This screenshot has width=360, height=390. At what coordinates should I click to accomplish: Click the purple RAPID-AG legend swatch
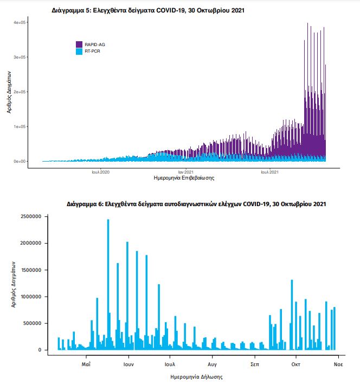(79, 44)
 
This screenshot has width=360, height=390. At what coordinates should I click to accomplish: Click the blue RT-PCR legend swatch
(79, 51)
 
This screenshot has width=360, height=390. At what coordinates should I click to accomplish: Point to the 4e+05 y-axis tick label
(20, 22)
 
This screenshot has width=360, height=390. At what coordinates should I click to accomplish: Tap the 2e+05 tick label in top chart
(20, 92)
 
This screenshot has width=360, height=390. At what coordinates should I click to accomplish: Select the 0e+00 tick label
(20, 161)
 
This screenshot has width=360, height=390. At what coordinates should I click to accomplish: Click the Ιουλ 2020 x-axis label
(100, 172)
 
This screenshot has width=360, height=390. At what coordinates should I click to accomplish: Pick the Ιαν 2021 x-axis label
(185, 172)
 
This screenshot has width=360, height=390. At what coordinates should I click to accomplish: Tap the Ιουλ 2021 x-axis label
(270, 172)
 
